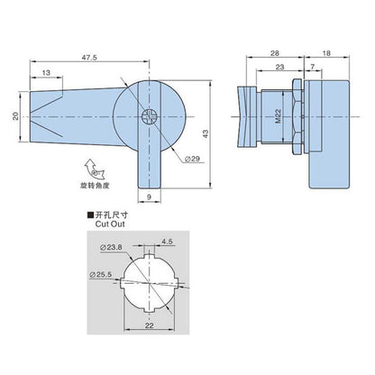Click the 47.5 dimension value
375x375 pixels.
pos(89,58)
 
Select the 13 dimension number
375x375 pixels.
pos(46,73)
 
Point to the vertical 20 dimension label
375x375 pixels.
pos(15,116)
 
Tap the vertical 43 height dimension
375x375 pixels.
pos(206,133)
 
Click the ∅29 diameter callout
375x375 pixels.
pos(192,159)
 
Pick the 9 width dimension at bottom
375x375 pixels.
pos(150,197)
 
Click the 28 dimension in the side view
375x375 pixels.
pos(275,53)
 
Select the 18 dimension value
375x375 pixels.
pos(326,53)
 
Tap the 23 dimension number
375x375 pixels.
pos(279,67)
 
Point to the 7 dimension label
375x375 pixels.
pos(313,67)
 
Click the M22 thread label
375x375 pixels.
pos(278,116)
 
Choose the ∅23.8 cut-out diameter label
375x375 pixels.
pos(112,247)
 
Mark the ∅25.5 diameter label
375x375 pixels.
pos(101,274)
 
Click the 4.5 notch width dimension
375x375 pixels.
pos(167,242)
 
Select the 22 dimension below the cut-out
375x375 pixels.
pos(149,325)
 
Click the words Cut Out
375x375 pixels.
pos(110,224)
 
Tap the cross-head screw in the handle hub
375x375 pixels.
pos(149,116)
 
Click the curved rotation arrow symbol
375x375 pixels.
pos(94,169)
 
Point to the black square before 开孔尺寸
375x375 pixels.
pos(90,215)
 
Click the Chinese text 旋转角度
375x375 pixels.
pos(95,186)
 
